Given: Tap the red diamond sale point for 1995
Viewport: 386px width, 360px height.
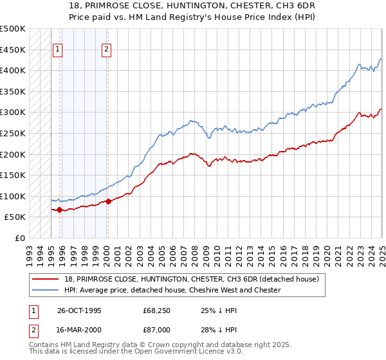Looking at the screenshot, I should (60, 210).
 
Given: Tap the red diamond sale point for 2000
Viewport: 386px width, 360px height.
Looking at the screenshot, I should (108, 201).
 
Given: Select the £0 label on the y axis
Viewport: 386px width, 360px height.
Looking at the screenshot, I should (21, 238).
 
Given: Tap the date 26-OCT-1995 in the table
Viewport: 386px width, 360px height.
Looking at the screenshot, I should (80, 310).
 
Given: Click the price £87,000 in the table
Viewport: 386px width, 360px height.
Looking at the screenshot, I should (157, 329).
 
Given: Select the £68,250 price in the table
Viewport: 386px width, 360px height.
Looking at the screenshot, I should (157, 310).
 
